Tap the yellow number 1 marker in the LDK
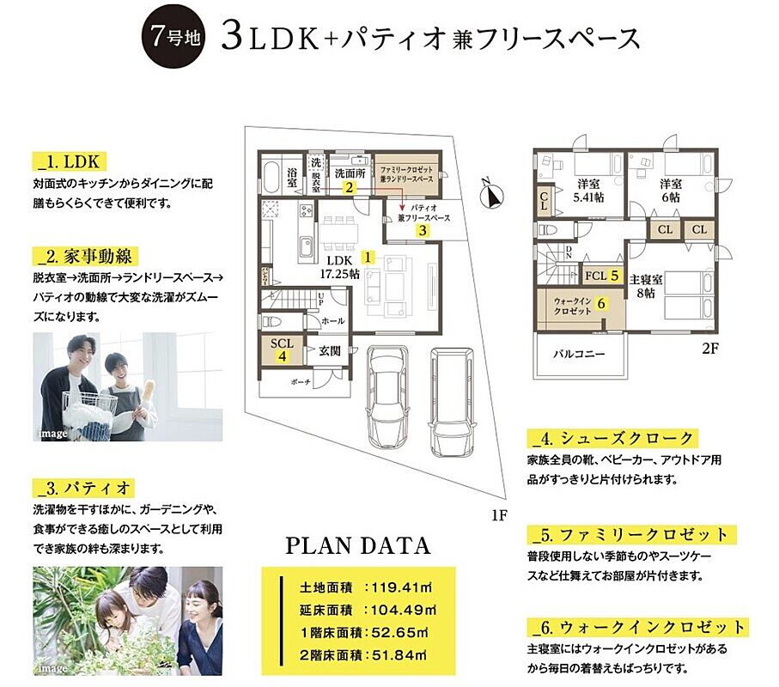(368, 256)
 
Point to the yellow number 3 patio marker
(423, 230)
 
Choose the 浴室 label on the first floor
(292, 181)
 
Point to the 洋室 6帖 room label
(671, 190)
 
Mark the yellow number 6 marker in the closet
(601, 303)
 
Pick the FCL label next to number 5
(594, 276)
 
